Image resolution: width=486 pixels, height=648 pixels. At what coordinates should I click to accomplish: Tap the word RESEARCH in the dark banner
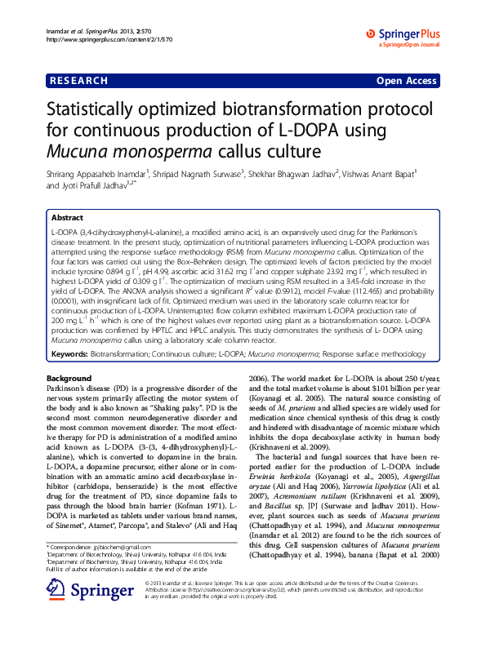78,81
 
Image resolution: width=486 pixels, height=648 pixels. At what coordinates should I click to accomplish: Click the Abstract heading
68,219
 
